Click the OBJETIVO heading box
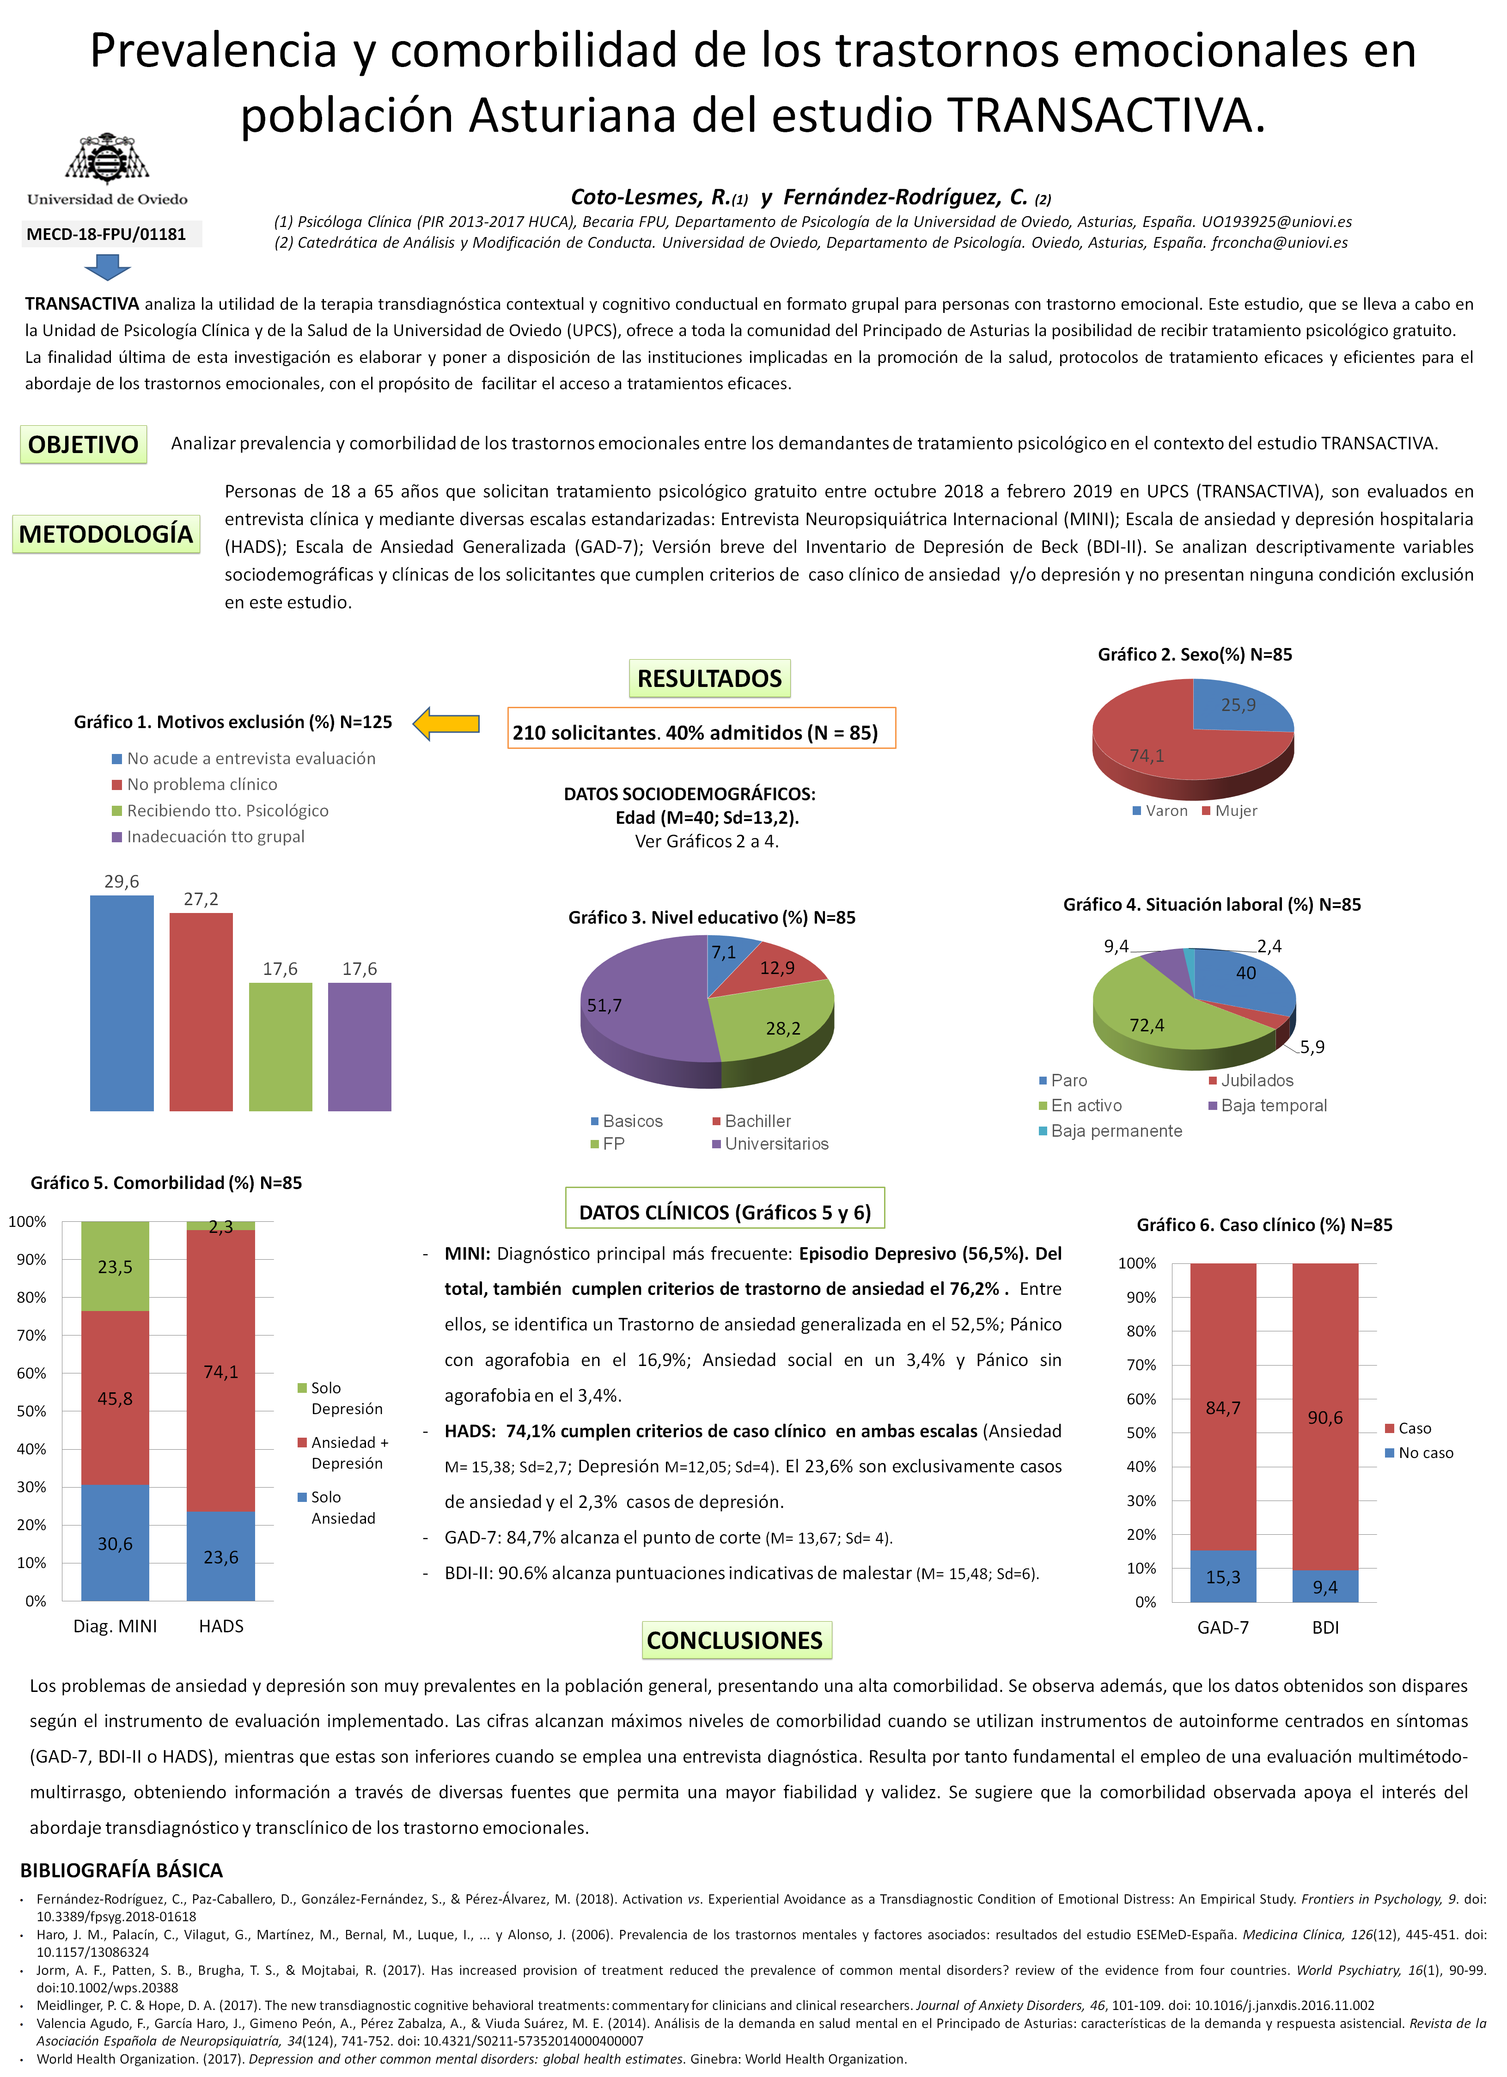coord(83,445)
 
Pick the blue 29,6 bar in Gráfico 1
coord(122,1003)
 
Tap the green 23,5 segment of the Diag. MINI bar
coord(116,1267)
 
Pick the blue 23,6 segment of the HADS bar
coord(220,1557)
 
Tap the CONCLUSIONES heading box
coord(736,1640)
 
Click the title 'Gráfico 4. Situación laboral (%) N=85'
coord(1211,905)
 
